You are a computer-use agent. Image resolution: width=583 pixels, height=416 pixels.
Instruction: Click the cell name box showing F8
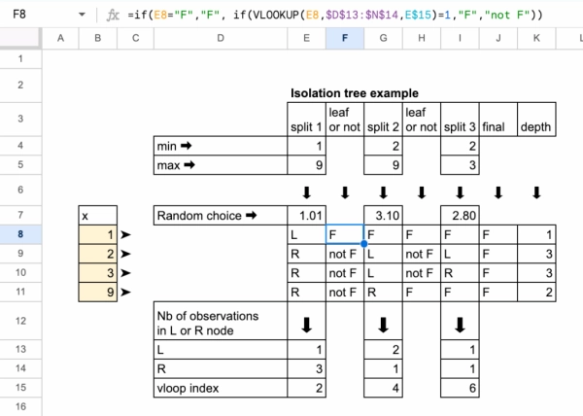(x=29, y=16)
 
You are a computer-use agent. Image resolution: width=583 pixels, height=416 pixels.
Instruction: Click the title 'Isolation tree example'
(x=354, y=93)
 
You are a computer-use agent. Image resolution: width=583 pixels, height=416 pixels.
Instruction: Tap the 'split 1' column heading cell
(x=305, y=126)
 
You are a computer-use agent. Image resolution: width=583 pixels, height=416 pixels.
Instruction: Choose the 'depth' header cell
(x=535, y=126)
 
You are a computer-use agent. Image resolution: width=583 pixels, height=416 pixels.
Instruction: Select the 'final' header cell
(x=497, y=126)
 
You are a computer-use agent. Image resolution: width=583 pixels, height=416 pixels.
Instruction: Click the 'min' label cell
(x=220, y=146)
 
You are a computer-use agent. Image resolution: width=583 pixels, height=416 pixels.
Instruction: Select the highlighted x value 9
(x=98, y=291)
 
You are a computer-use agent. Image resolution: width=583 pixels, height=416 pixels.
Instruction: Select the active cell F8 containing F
(x=344, y=234)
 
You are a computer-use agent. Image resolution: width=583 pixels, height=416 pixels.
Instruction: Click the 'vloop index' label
(x=220, y=388)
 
